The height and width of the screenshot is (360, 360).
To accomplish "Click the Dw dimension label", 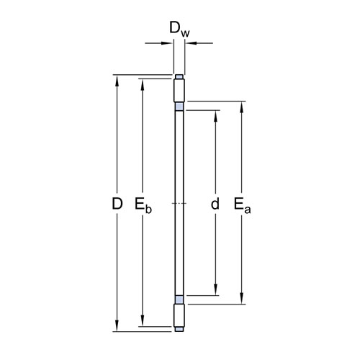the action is point(179,30).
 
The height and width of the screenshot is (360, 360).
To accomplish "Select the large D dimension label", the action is point(117,204).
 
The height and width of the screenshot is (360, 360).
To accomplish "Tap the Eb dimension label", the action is point(143,205).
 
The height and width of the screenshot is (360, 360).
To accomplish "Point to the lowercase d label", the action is point(215,204).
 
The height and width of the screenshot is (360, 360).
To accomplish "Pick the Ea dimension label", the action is point(243,205).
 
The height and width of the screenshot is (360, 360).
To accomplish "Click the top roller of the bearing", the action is point(179,90).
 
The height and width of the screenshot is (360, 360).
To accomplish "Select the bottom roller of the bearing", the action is point(179,315).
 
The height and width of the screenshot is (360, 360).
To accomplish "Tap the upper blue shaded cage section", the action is point(179,107).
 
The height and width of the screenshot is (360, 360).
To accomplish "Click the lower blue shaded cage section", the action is point(179,300).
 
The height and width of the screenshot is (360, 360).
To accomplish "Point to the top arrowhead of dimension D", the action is point(117,81).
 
